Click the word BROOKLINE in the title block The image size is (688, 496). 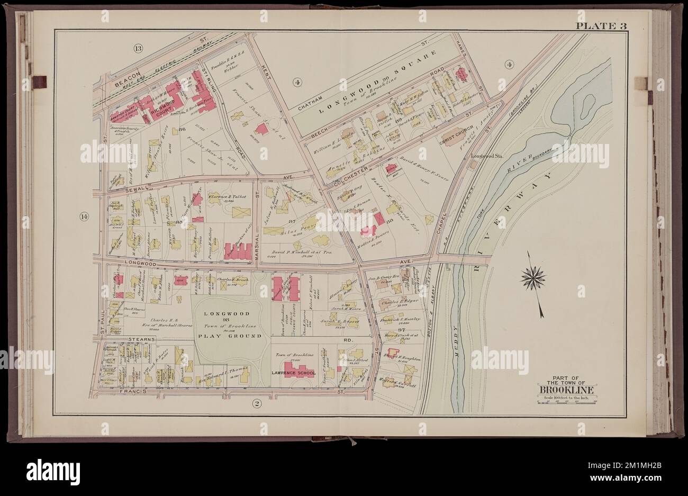pyautogui.click(x=566, y=391)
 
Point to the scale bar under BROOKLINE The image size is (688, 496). pyautogui.click(x=566, y=403)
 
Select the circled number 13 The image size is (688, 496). pyautogui.click(x=138, y=49)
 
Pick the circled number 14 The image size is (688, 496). pyautogui.click(x=84, y=216)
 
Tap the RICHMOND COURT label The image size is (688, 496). pyautogui.click(x=165, y=113)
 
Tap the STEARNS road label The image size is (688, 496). pyautogui.click(x=141, y=338)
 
